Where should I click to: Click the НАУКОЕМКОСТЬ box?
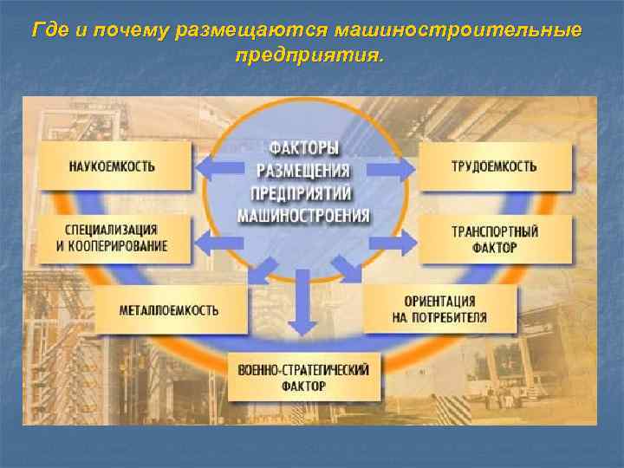(x=113, y=166)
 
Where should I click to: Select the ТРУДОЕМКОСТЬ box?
(x=495, y=166)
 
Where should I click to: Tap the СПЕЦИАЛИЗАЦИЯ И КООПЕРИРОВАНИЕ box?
(x=113, y=238)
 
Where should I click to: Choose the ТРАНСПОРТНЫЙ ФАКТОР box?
(x=495, y=239)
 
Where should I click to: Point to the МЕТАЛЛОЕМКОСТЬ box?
(x=170, y=309)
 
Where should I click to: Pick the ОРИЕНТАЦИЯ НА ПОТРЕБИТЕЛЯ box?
(x=439, y=309)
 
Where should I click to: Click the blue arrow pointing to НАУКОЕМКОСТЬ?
(x=218, y=166)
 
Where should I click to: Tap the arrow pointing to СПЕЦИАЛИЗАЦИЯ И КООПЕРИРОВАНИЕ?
(x=218, y=238)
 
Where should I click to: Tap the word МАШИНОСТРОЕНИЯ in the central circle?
(x=303, y=215)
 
